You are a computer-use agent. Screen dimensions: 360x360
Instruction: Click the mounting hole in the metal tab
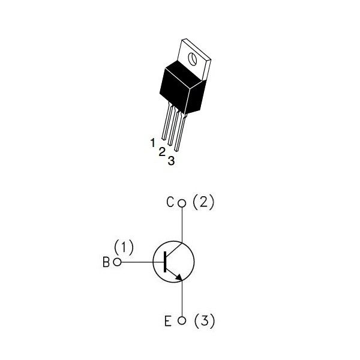point(193,59)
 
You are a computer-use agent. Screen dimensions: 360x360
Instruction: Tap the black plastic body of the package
point(182,88)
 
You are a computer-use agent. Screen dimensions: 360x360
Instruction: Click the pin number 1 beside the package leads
point(152,143)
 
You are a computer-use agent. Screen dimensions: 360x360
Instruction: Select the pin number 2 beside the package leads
point(162,152)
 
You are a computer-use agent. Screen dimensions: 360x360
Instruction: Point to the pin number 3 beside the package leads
point(171,161)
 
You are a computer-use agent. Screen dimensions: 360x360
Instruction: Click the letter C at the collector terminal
point(170,202)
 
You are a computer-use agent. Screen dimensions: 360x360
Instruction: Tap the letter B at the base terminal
point(106,262)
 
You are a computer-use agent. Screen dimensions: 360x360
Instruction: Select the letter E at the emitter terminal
point(168,321)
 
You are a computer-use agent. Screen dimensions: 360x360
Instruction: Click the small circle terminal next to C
point(182,203)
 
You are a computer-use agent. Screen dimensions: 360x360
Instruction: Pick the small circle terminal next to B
point(118,262)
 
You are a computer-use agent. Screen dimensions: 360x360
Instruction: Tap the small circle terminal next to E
point(182,320)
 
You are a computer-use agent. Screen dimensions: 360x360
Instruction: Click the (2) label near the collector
point(203,202)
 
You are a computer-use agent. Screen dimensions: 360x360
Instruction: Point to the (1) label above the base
point(124,247)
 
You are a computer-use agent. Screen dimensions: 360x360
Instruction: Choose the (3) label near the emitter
point(205,321)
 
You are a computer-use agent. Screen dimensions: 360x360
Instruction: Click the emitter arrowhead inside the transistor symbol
point(179,277)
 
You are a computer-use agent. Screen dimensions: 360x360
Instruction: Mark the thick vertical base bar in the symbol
point(165,262)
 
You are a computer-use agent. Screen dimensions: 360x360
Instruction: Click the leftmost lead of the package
point(167,121)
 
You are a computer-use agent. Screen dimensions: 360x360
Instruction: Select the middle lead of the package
point(173,126)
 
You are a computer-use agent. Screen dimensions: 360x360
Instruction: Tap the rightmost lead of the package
point(180,131)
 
